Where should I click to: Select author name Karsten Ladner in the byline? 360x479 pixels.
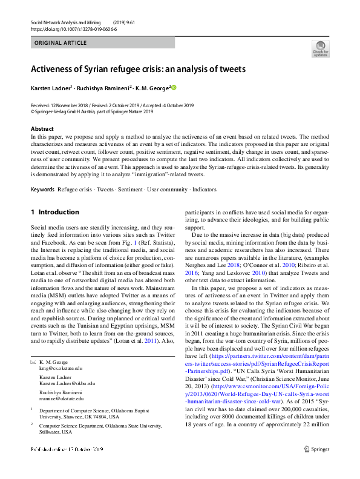tap(50, 88)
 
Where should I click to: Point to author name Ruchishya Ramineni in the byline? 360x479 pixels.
tap(102, 88)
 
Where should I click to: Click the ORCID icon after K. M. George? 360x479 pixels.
tap(175, 88)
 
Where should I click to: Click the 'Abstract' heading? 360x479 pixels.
tap(42, 129)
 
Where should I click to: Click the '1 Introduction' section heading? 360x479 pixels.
tap(54, 213)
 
